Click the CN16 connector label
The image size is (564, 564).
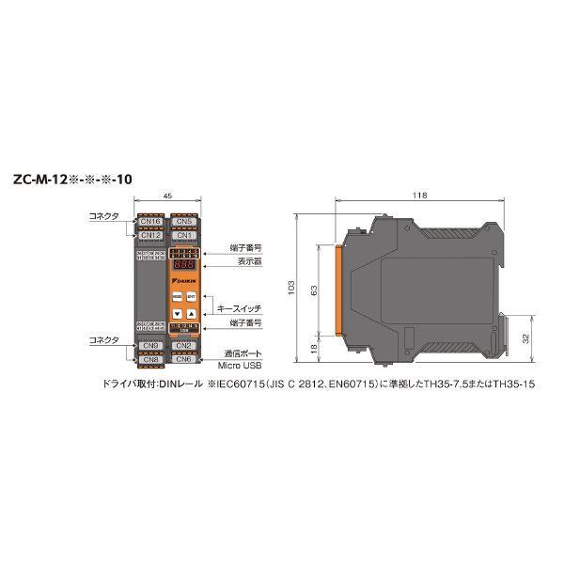pos(151,221)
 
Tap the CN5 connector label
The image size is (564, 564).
pos(184,221)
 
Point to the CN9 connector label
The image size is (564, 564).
pos(151,346)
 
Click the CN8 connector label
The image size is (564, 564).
pos(151,359)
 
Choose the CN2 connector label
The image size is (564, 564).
pos(184,346)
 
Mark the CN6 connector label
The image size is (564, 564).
pos(184,359)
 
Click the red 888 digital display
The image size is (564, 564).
pos(183,266)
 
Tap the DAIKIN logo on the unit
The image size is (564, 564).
pos(184,280)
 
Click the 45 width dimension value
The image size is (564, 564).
pos(167,196)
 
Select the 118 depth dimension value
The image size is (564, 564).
pos(419,196)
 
